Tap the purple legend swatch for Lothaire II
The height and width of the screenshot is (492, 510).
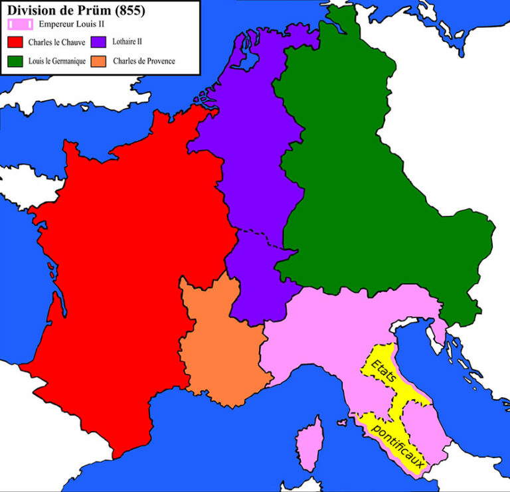coord(100,42)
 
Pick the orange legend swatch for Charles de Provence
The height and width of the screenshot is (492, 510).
coord(100,62)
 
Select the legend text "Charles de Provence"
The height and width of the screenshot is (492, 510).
coord(144,62)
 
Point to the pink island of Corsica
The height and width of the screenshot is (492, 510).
coord(307,442)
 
